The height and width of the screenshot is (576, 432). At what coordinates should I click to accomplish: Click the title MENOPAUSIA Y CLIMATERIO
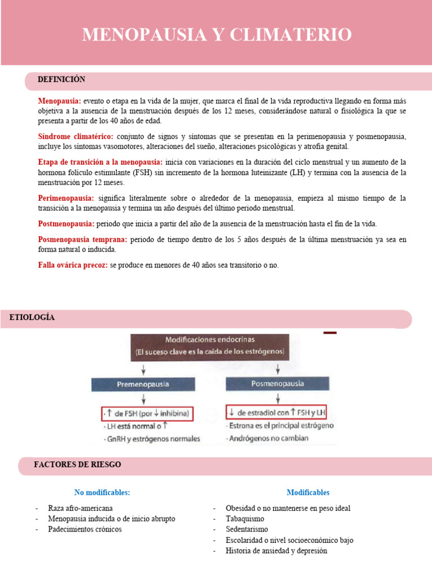click(217, 34)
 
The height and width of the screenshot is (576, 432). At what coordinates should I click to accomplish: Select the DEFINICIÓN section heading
click(61, 80)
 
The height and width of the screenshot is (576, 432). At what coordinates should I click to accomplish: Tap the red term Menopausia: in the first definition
click(60, 101)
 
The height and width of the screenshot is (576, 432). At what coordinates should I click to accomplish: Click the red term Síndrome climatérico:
click(75, 137)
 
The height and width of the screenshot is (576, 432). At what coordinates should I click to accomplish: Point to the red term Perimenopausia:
click(66, 199)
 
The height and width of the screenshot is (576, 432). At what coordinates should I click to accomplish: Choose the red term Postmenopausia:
click(66, 224)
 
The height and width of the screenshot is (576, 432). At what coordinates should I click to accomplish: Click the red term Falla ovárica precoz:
click(73, 265)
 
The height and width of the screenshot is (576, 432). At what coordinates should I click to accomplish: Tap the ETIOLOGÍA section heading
click(32, 318)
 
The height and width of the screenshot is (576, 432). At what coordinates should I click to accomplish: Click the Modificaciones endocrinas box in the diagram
click(210, 346)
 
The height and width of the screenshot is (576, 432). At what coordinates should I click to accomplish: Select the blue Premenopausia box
click(143, 385)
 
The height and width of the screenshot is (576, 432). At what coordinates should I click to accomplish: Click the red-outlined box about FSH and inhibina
click(147, 413)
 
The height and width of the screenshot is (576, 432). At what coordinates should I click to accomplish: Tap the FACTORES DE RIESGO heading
click(77, 465)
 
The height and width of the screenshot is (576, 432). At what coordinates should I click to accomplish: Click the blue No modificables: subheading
click(102, 493)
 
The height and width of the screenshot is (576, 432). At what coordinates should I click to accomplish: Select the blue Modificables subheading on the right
click(308, 493)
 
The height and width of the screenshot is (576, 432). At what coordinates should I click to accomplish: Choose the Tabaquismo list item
click(245, 519)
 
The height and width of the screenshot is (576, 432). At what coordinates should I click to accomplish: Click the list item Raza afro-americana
click(80, 508)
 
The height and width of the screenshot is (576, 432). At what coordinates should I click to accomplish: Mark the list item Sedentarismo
click(246, 529)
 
